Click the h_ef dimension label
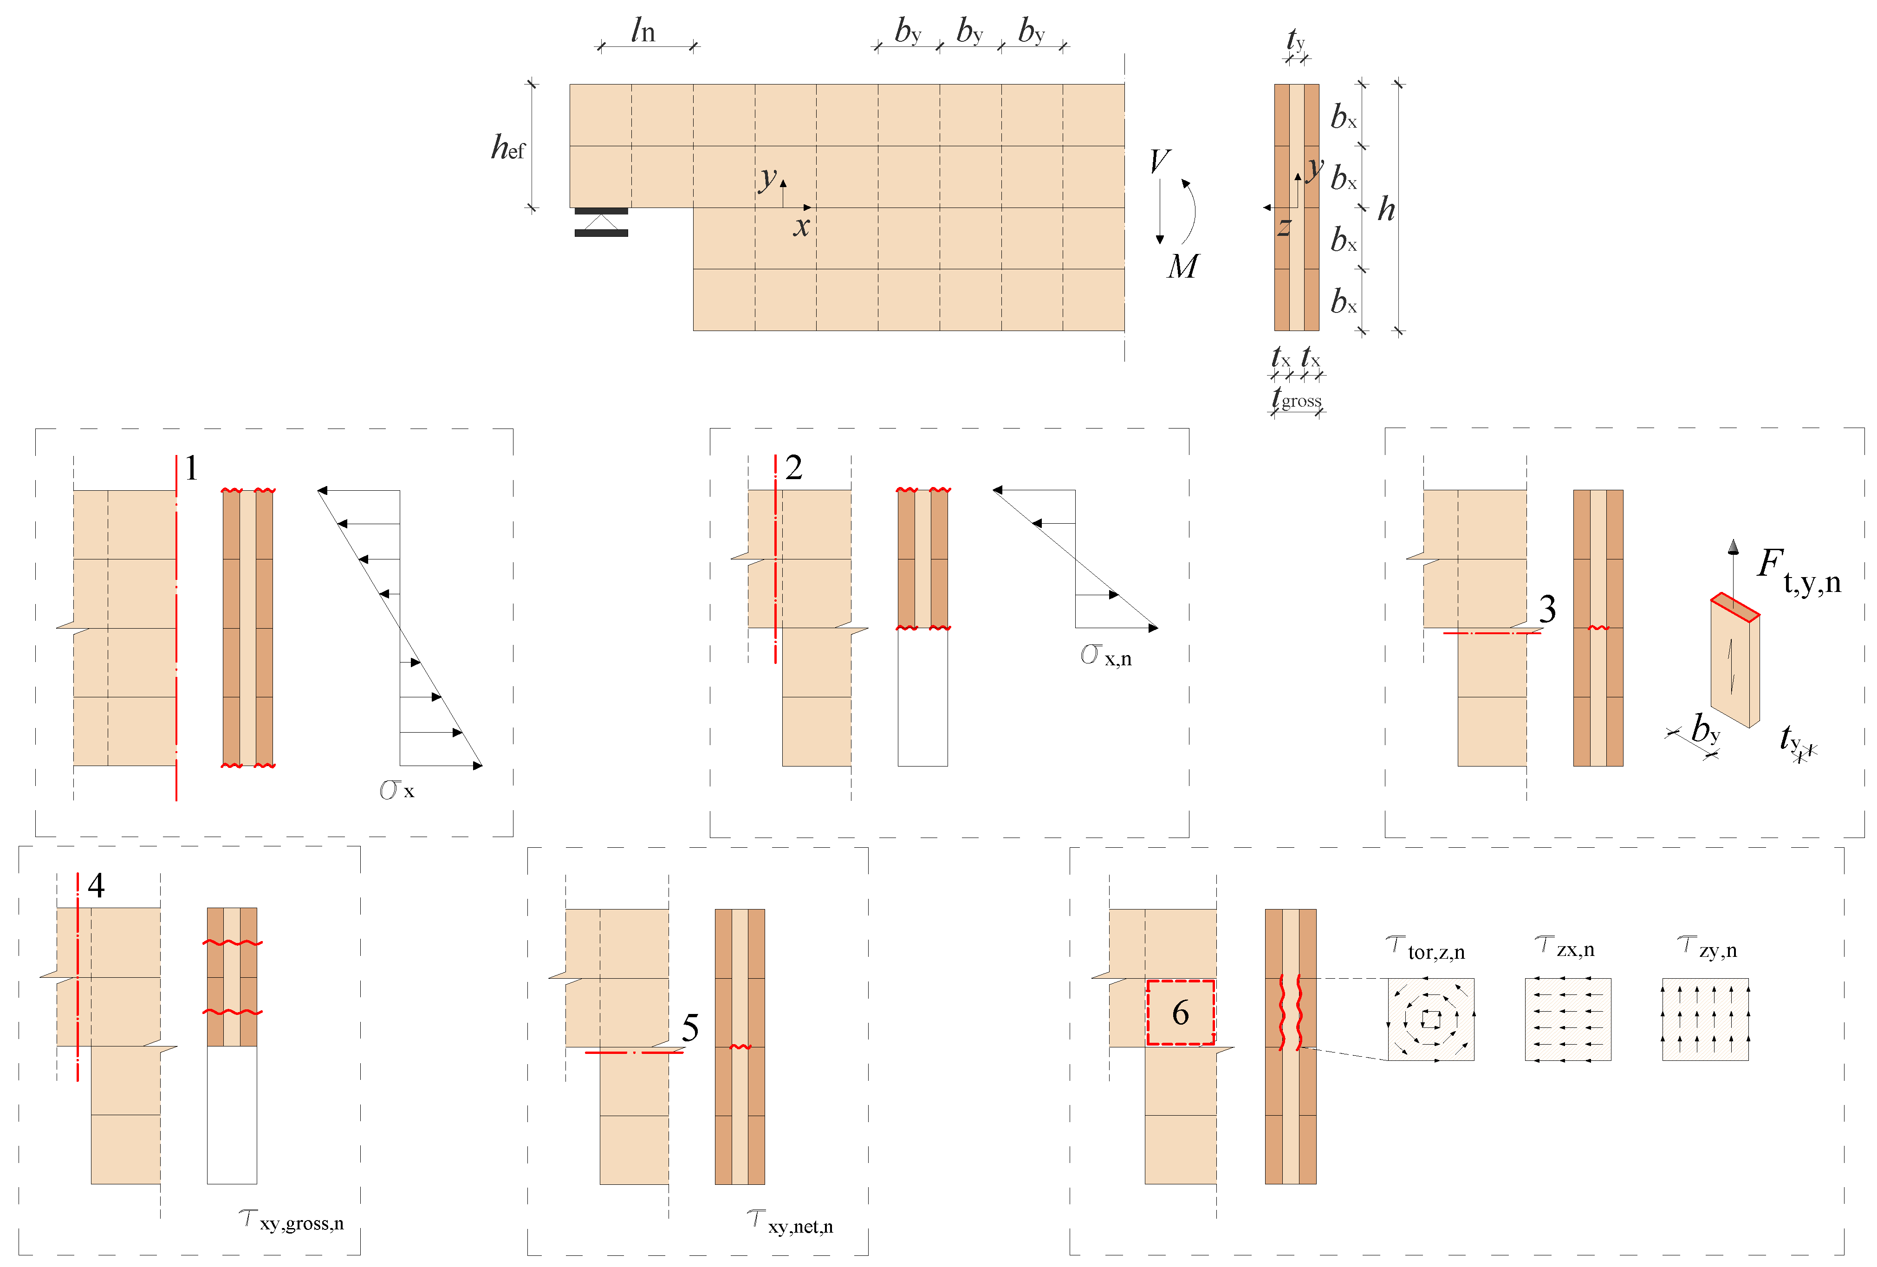point(508,147)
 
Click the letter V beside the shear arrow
point(1160,161)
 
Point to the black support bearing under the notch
point(601,222)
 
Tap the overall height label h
point(1386,209)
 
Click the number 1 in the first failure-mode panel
point(191,468)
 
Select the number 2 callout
point(794,468)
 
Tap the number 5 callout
point(690,1028)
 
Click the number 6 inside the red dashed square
point(1181,1013)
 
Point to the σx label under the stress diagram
point(396,790)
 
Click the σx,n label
point(1106,655)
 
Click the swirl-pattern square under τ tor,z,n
point(1431,1019)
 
